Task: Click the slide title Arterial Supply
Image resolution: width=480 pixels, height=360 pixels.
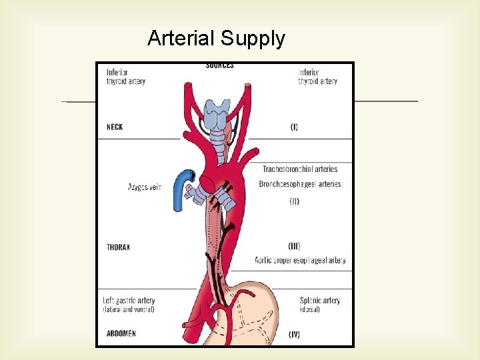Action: point(216,39)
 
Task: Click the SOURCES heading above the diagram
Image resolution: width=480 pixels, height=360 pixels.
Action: point(219,65)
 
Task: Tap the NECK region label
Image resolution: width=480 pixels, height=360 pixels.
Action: point(115,127)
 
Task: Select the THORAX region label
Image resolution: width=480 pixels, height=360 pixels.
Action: point(118,247)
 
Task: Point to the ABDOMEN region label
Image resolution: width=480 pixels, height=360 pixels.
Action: point(121,333)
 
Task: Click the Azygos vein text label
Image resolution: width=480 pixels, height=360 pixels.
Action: point(145,187)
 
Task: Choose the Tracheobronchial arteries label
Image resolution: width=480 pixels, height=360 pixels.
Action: point(300,169)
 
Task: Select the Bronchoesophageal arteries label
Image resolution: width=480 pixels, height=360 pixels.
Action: point(300,184)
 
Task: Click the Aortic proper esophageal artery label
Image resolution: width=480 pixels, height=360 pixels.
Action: point(299,260)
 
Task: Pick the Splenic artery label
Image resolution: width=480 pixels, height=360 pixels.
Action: point(320,301)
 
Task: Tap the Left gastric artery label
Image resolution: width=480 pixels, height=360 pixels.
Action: point(129,301)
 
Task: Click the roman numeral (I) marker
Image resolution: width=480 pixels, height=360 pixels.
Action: point(294,127)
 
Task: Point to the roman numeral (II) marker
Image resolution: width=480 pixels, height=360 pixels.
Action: point(294,201)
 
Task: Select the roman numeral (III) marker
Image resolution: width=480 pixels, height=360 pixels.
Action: point(293,246)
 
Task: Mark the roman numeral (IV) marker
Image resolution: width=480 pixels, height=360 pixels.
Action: point(294,334)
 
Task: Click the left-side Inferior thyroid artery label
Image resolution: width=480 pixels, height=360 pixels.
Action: point(125,77)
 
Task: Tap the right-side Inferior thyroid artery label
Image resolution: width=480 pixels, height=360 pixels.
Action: point(317,77)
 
